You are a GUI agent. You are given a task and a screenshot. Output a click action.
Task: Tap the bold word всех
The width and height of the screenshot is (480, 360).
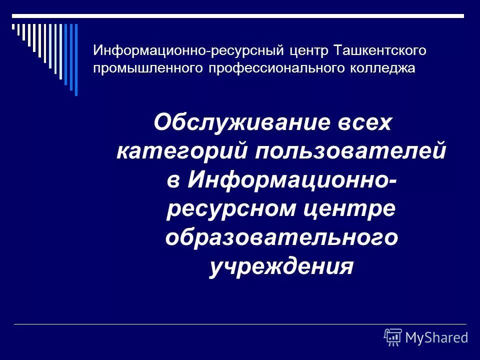click(368, 122)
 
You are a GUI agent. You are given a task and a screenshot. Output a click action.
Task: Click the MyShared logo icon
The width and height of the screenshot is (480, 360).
click(393, 337)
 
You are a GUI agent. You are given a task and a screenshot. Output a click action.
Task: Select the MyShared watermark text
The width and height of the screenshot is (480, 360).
click(436, 338)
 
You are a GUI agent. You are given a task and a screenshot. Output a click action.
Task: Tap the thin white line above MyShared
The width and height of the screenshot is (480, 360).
click(240, 324)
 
